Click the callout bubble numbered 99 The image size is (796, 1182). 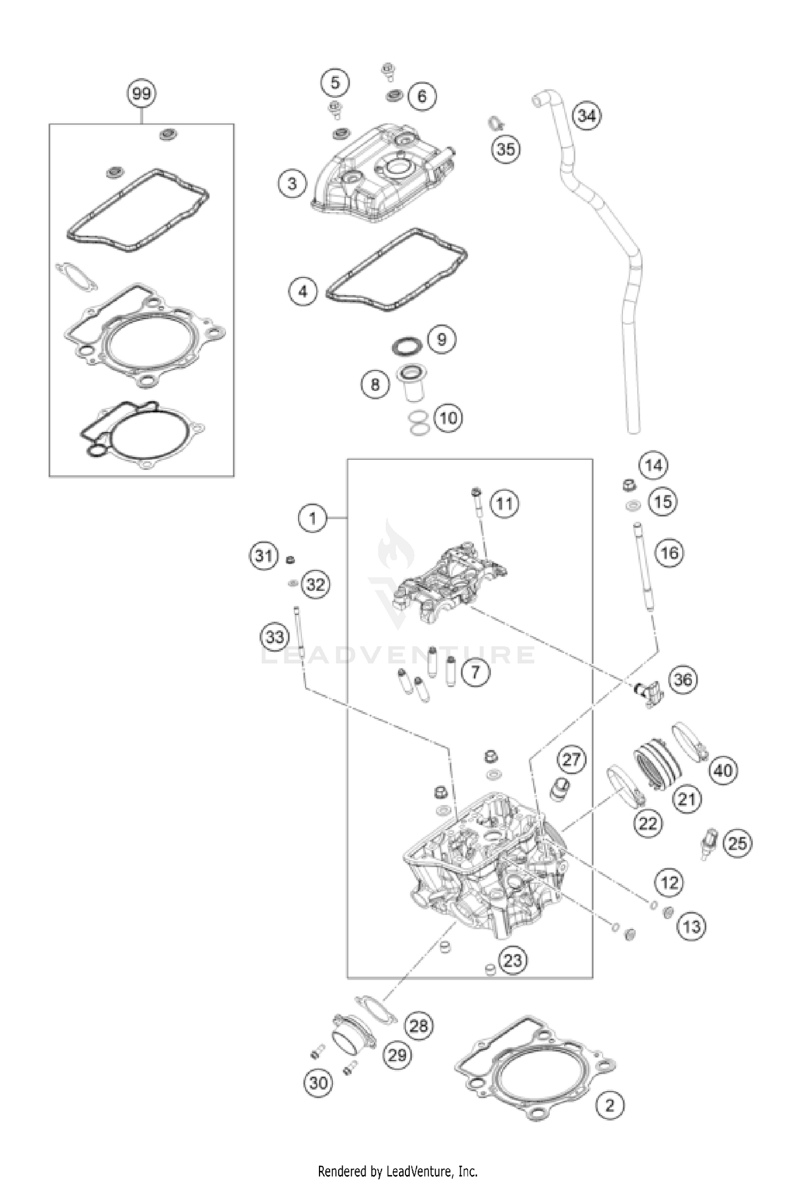(x=142, y=94)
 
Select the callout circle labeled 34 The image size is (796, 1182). (x=587, y=115)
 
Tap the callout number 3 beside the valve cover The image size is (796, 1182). (x=292, y=184)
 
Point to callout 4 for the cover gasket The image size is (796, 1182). (x=302, y=292)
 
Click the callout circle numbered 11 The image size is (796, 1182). (x=504, y=503)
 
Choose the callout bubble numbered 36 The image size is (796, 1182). (x=683, y=679)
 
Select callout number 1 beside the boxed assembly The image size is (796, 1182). (x=313, y=518)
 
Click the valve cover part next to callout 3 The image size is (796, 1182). (x=382, y=175)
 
